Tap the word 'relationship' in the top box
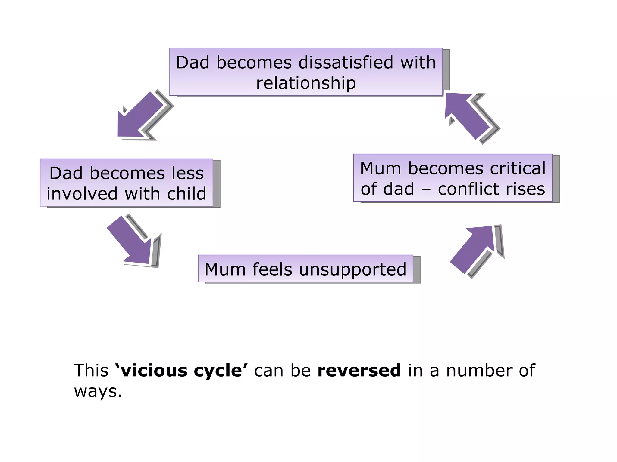tap(306, 83)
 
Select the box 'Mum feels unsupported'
tap(305, 269)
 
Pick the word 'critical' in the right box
tap(518, 168)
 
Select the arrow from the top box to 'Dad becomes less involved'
tap(140, 116)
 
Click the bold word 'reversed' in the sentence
tap(359, 370)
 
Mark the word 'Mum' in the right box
tap(381, 168)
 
